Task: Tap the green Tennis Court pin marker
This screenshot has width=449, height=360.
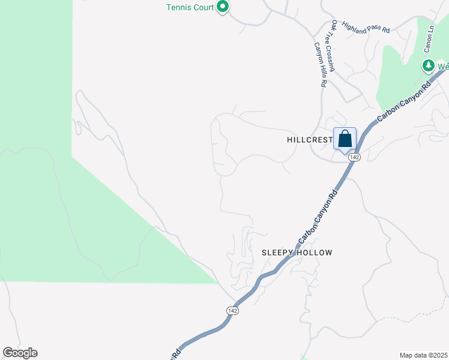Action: pyautogui.click(x=223, y=7)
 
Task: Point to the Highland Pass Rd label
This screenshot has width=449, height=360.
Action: pyautogui.click(x=366, y=28)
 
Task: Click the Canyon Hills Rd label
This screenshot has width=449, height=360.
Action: pyautogui.click(x=320, y=65)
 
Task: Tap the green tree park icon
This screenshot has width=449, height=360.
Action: pyautogui.click(x=429, y=65)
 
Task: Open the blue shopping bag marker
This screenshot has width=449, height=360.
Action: pyautogui.click(x=345, y=140)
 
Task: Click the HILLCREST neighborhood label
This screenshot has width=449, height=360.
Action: pyautogui.click(x=310, y=139)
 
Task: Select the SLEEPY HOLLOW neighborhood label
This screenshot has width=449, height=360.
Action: pyautogui.click(x=297, y=253)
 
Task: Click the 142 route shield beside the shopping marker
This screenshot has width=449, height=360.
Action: pyautogui.click(x=355, y=157)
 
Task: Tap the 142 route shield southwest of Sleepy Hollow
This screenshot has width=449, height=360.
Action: pyautogui.click(x=233, y=310)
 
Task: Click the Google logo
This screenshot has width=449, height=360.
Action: pyautogui.click(x=20, y=353)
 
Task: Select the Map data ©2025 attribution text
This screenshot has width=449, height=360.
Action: pyautogui.click(x=423, y=355)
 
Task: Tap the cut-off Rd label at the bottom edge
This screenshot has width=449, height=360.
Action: pyautogui.click(x=176, y=354)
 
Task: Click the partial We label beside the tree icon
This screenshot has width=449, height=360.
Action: pyautogui.click(x=443, y=66)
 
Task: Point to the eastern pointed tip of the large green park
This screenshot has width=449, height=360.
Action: pyautogui.click(x=217, y=283)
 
